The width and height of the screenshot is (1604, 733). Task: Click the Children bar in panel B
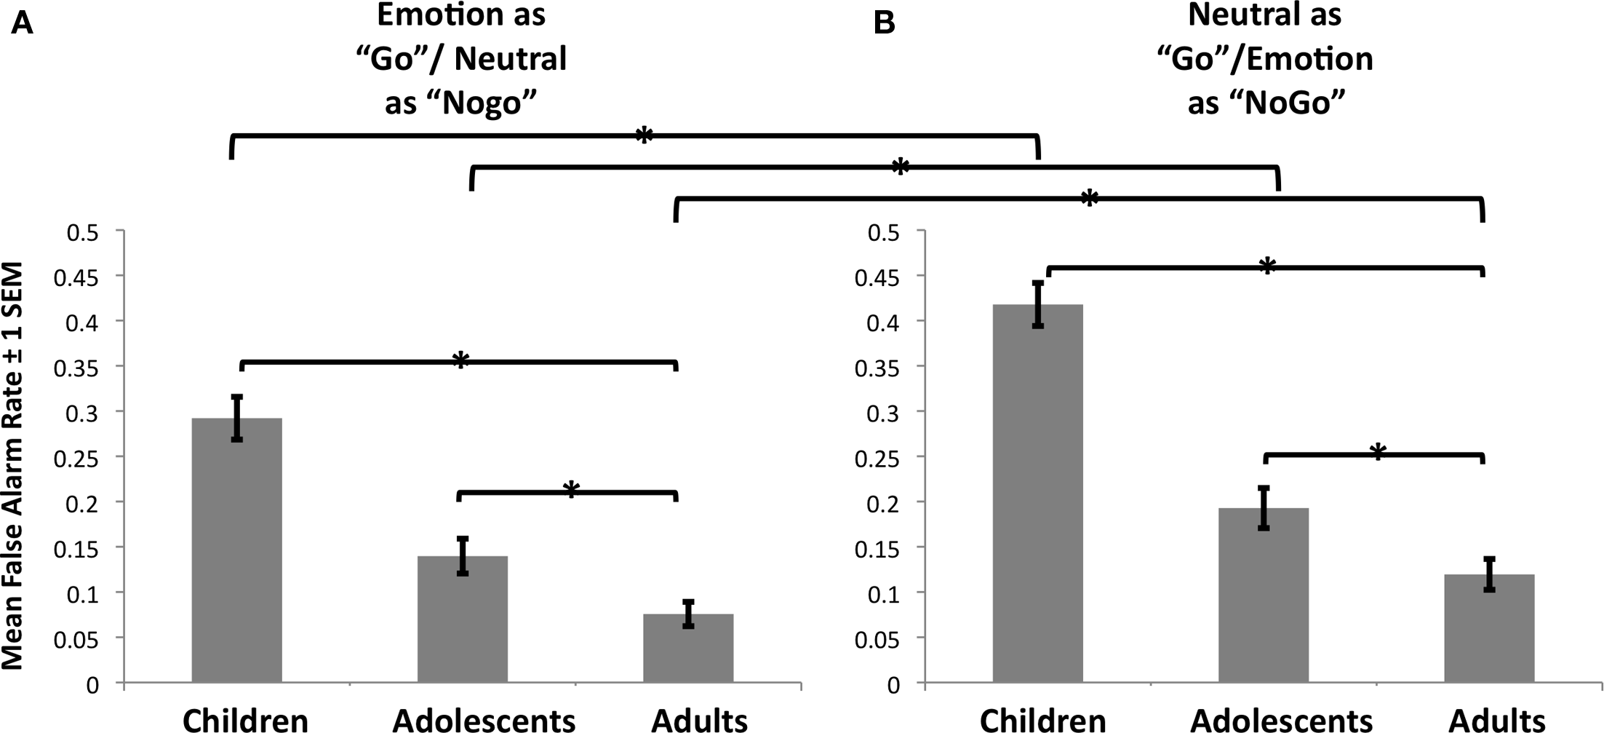pos(1038,495)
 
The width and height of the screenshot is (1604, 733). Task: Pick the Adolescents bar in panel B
pos(1264,596)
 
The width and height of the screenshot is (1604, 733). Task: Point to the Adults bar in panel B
pos(1489,629)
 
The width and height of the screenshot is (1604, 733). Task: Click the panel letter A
pos(22,25)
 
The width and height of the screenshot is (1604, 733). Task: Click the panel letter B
pos(884,23)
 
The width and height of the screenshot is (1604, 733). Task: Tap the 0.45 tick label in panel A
pos(85,277)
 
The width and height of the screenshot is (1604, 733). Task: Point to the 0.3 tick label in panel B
pos(882,412)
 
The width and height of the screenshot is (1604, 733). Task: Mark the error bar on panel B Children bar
pos(1038,304)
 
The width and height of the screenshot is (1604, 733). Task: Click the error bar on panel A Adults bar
pos(688,614)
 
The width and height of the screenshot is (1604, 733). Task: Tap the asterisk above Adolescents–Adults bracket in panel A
pos(571,490)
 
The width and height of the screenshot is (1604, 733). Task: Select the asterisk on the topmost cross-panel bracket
pos(644,135)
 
